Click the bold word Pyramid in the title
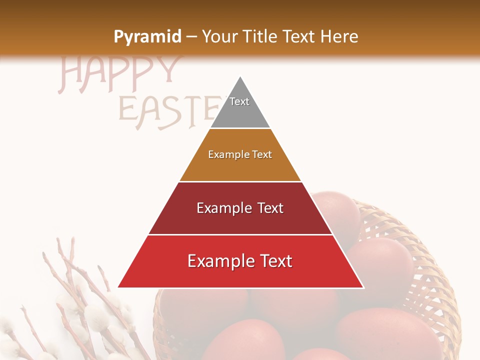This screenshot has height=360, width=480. (147, 37)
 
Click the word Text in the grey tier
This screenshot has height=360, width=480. (239, 101)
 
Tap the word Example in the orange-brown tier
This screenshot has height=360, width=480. (225, 154)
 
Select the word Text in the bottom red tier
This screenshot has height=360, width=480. (274, 261)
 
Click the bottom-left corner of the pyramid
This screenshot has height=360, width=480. (118, 287)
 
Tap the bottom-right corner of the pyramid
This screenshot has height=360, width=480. (363, 287)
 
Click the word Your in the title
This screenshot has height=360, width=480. (219, 36)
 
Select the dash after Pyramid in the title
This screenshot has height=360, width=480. (191, 37)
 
